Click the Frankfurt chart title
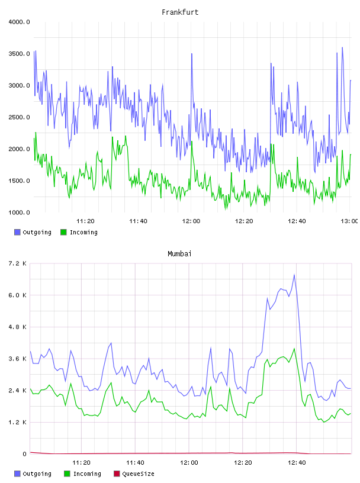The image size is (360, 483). click(180, 12)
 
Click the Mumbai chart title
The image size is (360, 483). click(179, 254)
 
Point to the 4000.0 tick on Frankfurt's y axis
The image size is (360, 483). click(19, 22)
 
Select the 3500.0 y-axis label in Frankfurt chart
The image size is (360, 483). click(19, 54)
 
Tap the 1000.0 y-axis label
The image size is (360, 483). click(19, 212)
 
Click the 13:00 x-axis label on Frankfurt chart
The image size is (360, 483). click(349, 221)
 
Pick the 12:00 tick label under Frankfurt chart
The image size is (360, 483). click(191, 221)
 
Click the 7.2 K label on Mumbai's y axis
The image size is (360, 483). click(18, 263)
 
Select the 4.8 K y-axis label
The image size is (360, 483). click(18, 327)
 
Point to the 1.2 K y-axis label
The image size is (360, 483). click(18, 422)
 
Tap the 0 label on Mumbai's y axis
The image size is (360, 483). click(25, 454)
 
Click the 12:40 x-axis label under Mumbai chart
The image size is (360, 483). click(297, 463)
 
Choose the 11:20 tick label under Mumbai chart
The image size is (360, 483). click(81, 463)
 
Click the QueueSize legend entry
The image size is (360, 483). click(134, 474)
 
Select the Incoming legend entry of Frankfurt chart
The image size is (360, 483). click(79, 232)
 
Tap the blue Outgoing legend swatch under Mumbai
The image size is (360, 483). click(17, 474)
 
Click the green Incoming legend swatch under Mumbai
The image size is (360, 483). click(67, 474)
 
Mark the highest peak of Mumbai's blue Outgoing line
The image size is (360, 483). click(294, 275)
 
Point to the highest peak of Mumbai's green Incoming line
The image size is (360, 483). click(294, 349)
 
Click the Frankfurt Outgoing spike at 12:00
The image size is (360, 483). click(192, 54)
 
